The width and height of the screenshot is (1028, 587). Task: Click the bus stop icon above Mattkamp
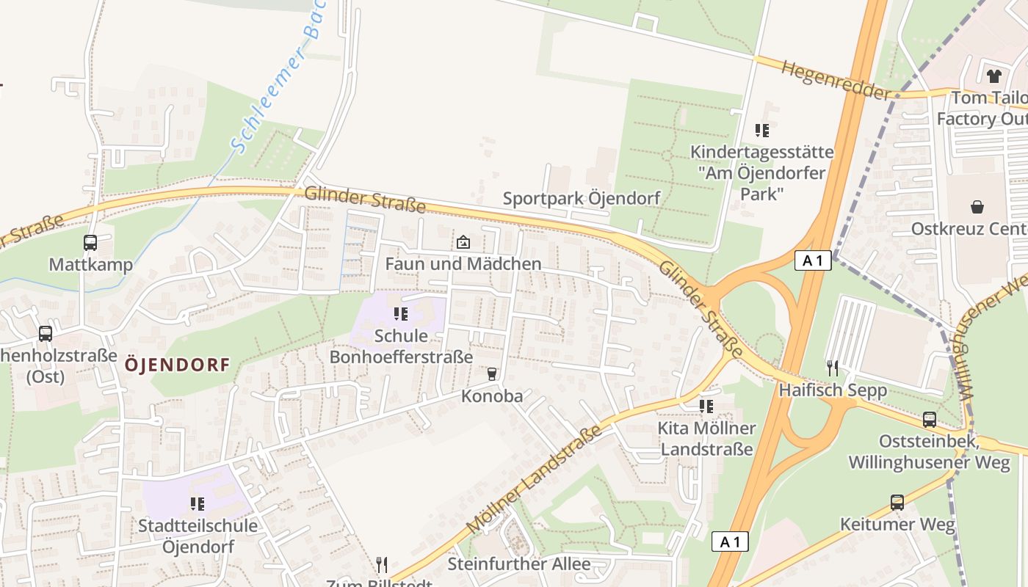pos(90,243)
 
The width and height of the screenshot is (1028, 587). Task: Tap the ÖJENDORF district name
pos(177,364)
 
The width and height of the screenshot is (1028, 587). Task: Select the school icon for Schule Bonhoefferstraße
pos(401,314)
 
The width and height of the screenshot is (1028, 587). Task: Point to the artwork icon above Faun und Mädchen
pos(463,242)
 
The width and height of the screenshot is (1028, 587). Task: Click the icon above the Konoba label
pos(492,374)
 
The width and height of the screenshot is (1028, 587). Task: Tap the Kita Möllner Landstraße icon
pos(706,406)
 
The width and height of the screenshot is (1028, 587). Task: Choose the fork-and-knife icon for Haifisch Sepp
pos(832,367)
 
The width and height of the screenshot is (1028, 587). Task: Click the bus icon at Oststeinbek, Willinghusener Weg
pos(930,420)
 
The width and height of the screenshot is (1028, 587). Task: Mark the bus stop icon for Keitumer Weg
pos(897,503)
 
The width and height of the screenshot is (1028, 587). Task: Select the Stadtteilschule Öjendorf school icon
pos(198,503)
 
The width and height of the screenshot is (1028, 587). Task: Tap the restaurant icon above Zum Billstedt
pos(382,564)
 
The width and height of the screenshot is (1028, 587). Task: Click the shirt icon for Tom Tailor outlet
pos(994,76)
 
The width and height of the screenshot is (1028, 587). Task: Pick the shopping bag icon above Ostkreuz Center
pos(977,207)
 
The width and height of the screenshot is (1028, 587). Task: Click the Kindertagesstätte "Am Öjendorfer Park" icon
pos(762,131)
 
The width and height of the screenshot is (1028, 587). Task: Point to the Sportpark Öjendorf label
pos(581,198)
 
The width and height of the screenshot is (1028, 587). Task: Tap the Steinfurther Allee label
pos(519,564)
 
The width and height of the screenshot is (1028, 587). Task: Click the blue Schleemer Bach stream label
pos(280,81)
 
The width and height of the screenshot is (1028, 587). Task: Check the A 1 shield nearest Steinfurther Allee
pos(730,542)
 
